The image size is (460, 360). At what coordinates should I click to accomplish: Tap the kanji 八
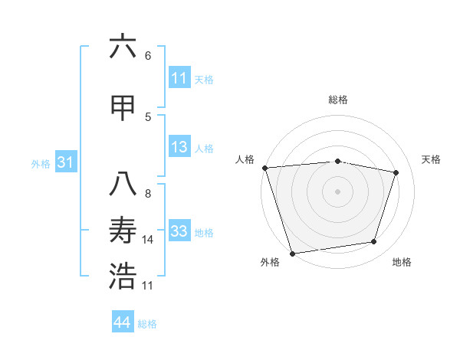coord(123,185)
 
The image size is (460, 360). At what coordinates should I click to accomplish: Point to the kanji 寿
coord(123,231)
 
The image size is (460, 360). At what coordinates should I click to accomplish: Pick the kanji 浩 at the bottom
coord(123,277)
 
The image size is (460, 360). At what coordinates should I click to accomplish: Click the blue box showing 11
coord(179,78)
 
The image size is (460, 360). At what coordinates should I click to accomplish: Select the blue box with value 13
coord(179,148)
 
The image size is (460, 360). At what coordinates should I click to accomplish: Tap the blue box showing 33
coord(179,232)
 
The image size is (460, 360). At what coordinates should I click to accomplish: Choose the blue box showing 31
coord(65,163)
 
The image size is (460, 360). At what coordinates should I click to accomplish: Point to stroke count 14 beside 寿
coord(148,240)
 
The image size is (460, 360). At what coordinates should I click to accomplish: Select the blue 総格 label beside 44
coord(147,324)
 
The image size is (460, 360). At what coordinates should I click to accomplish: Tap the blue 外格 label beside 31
coord(41,164)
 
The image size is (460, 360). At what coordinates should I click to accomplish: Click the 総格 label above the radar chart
coord(338,100)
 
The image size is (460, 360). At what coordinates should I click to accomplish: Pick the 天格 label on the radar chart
coord(431,159)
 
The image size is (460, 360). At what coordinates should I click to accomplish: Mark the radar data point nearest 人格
coord(264,168)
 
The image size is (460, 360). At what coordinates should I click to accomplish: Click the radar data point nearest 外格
coord(292,253)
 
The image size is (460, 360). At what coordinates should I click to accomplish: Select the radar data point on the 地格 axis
coord(374,242)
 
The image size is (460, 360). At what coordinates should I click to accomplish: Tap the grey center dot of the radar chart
coord(338,191)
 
